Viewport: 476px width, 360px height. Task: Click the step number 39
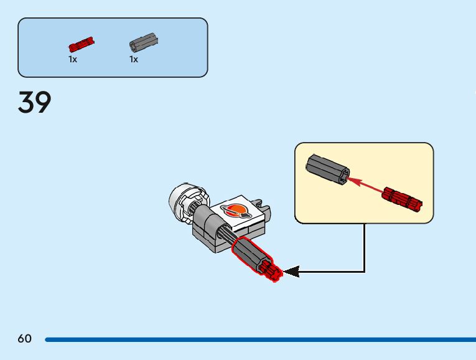click(35, 103)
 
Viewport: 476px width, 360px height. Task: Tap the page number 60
click(24, 339)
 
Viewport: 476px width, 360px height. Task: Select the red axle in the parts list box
click(81, 44)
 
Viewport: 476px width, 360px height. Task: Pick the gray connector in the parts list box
click(143, 42)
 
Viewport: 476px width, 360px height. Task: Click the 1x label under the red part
click(73, 59)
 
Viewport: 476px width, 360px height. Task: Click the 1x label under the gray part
click(134, 59)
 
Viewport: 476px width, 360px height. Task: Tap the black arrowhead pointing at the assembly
click(291, 272)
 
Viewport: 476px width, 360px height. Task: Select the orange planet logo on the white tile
click(237, 211)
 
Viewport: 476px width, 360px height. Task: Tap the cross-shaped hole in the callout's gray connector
click(343, 175)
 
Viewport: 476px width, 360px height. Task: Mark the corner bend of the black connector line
click(364, 272)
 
